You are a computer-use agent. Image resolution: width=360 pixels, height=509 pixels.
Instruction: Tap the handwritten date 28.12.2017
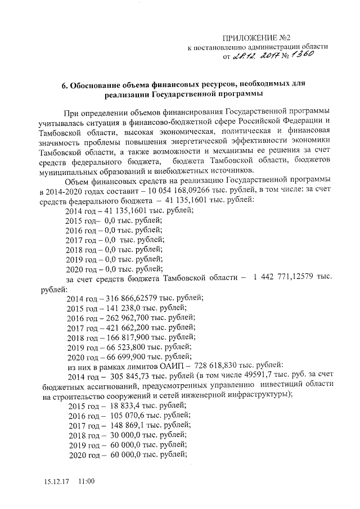(257, 56)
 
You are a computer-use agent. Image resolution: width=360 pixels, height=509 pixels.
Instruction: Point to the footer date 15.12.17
(56, 482)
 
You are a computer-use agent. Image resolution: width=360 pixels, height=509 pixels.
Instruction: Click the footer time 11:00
(86, 482)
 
